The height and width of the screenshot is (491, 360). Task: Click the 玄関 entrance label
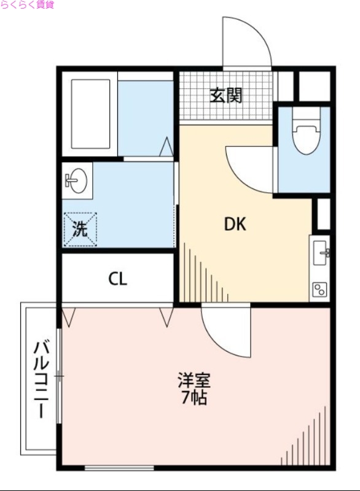(226, 96)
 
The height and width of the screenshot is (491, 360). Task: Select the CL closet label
(117, 279)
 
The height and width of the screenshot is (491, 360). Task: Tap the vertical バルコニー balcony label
(41, 379)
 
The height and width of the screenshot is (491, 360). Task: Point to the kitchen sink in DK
(321, 252)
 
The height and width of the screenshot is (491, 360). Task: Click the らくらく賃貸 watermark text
(27, 5)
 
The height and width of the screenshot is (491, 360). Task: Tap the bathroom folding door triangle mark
(166, 149)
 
